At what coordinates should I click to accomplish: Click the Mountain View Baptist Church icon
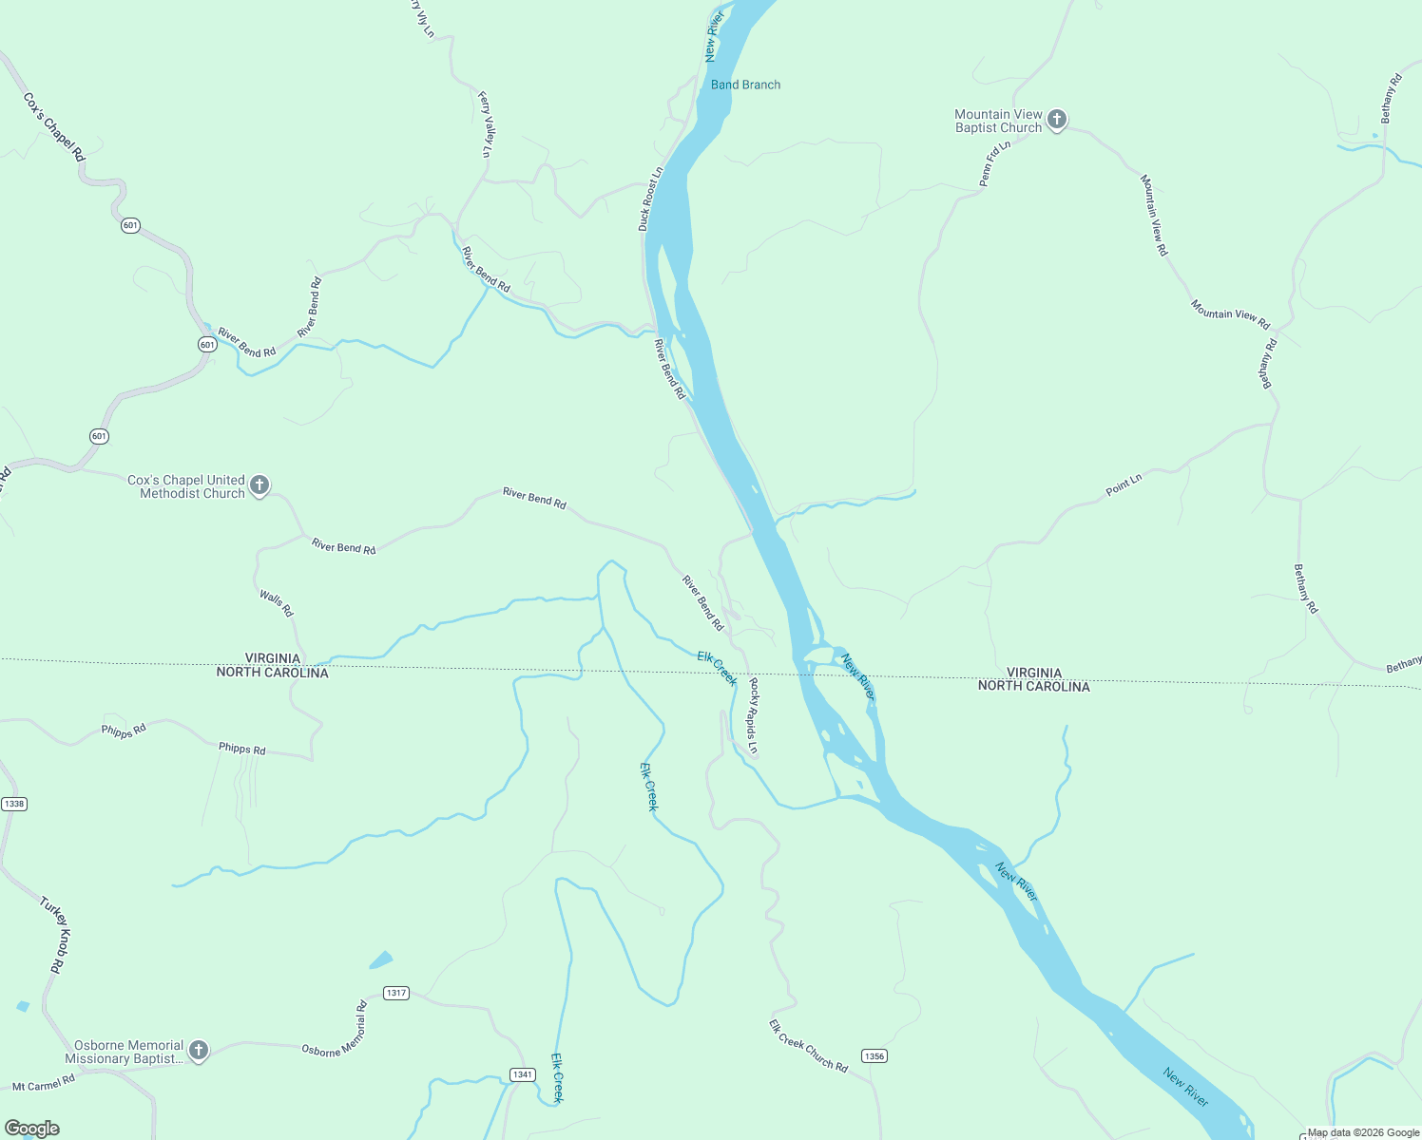point(1057,120)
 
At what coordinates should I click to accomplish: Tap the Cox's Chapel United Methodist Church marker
point(259,485)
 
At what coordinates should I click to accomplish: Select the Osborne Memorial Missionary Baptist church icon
point(198,1050)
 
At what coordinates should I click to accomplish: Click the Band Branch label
point(745,85)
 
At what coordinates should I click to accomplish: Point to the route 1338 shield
point(14,804)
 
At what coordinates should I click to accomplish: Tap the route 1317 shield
point(396,993)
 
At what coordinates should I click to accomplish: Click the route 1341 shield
point(522,1074)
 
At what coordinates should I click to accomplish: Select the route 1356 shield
point(874,1056)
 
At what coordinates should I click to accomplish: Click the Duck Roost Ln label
point(650,199)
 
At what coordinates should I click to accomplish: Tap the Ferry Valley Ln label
point(486,123)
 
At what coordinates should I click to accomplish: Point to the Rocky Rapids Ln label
point(754,715)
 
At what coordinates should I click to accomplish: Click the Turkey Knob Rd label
point(55,935)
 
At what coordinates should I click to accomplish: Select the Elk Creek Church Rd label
point(808,1045)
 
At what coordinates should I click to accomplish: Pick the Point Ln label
point(1124,485)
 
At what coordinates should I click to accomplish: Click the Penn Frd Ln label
point(993,163)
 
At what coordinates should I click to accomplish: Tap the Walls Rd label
point(277,603)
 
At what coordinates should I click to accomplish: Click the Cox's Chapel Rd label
point(54,126)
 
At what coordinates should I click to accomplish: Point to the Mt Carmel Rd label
point(44,1083)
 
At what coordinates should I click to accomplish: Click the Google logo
point(31,1129)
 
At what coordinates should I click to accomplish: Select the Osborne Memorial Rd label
point(335,1033)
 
